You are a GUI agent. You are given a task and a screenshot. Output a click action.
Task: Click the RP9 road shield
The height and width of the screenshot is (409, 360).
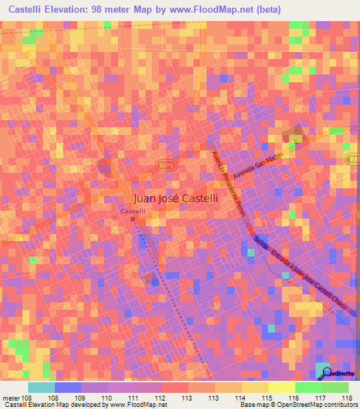tap(167, 165)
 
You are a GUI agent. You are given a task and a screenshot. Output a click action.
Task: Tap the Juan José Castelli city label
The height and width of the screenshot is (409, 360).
tap(176, 199)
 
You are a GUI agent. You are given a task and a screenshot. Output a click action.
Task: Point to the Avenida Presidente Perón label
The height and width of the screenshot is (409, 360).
tap(229, 186)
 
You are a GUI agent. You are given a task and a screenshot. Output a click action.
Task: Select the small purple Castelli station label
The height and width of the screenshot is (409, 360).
tap(132, 211)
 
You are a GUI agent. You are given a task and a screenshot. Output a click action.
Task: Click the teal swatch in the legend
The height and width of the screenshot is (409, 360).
tap(41, 387)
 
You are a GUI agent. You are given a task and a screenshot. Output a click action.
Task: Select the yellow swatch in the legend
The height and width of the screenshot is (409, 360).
tap(281, 387)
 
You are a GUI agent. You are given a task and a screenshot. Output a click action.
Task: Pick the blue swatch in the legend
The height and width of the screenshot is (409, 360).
tap(67, 387)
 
